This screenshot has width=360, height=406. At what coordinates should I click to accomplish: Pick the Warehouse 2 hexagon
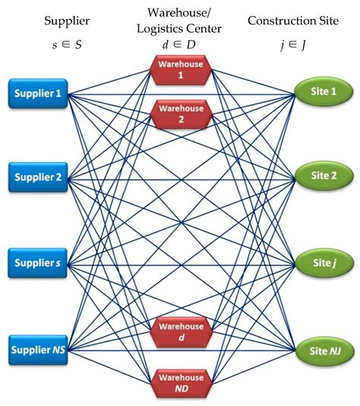point(180,115)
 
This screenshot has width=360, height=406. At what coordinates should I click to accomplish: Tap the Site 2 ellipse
point(322,176)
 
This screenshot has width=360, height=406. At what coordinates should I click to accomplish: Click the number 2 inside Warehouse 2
point(180,120)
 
